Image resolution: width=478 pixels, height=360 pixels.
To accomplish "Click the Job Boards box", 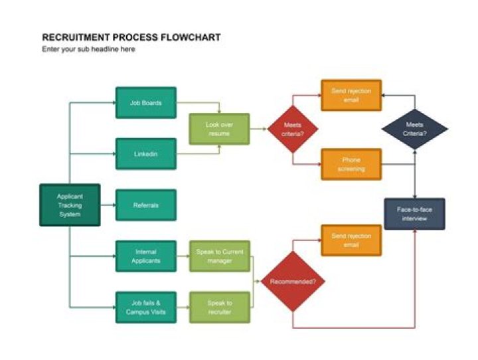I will coord(146,103).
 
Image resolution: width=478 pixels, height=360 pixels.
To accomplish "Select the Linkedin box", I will coord(146,154).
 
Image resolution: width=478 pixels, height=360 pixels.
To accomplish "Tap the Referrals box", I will coord(146,205).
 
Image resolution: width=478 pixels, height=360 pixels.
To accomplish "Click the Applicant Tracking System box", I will coord(70,205).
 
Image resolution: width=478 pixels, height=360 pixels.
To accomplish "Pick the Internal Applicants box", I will coord(146,256).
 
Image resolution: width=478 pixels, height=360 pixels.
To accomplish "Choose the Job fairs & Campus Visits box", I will coord(146,307).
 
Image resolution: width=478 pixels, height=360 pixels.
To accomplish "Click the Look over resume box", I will coord(219,129).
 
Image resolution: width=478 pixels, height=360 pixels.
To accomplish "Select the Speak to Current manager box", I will coord(219,256).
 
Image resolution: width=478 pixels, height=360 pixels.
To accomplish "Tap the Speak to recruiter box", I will coord(219,307).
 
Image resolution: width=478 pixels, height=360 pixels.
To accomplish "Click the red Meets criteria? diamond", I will coord(293,129).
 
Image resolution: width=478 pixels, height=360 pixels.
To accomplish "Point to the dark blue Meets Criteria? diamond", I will coord(415,129).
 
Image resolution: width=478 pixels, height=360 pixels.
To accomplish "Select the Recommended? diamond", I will coord(293,282).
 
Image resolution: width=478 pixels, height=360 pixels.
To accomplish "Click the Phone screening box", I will coord(351,164).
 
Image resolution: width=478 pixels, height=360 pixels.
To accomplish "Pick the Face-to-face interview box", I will coord(415,214).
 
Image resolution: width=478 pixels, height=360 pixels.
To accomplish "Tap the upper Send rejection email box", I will coord(351,95).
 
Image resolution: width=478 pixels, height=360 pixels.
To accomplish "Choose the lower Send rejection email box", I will coord(351,240).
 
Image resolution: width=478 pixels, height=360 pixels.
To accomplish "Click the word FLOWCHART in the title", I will coord(190,38).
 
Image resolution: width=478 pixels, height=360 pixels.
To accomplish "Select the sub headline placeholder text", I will coord(88,50).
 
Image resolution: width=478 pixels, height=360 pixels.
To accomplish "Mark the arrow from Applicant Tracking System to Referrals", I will coord(108,205).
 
